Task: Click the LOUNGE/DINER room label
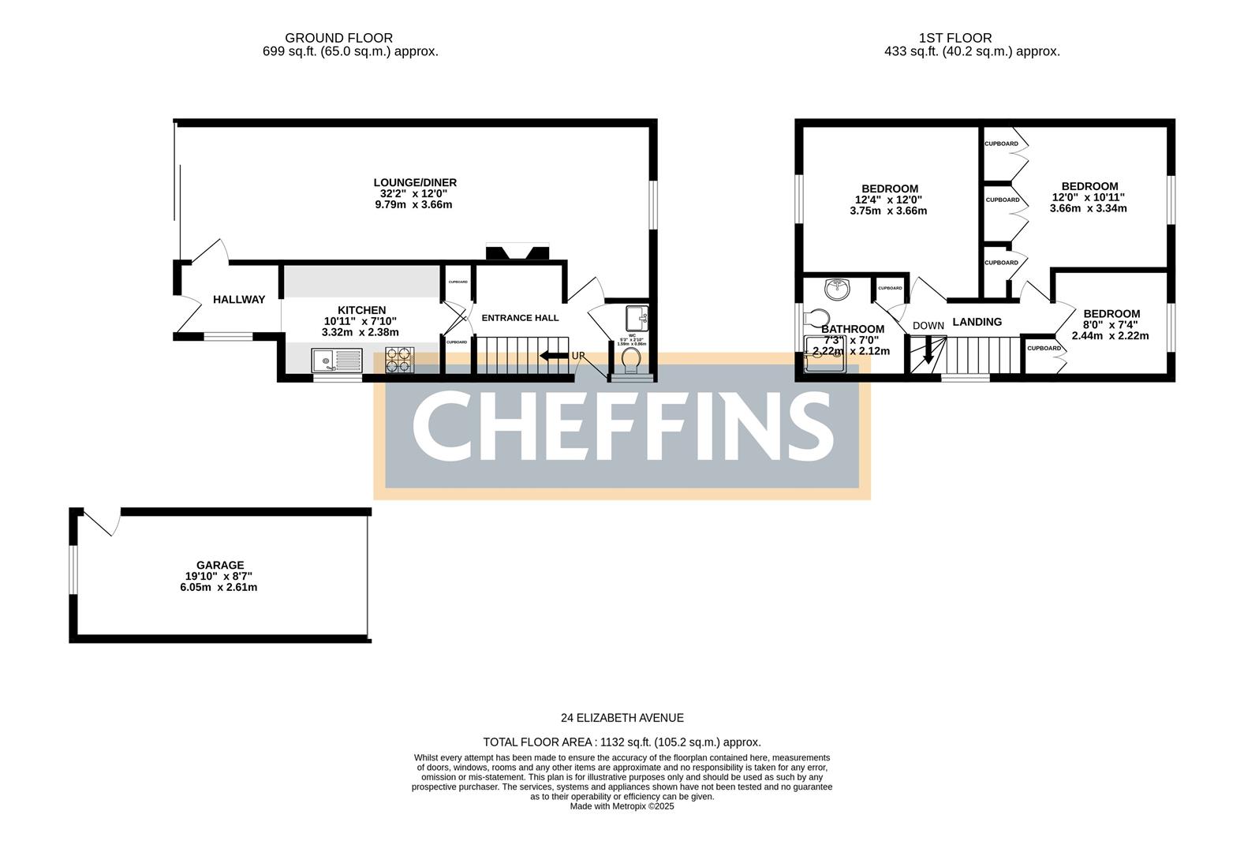(x=415, y=182)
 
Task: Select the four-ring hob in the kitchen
(x=399, y=360)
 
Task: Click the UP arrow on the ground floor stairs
(x=555, y=356)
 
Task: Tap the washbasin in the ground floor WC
(x=635, y=319)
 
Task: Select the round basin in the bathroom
(x=837, y=290)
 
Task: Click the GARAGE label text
(x=220, y=565)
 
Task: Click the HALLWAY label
(x=239, y=300)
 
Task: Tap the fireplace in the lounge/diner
(x=517, y=253)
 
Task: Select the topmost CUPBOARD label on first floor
(x=1001, y=144)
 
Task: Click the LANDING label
(x=977, y=322)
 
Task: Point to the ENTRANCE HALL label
(x=520, y=318)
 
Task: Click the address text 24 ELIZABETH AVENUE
(x=622, y=718)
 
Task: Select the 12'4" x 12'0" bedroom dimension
(x=889, y=200)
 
